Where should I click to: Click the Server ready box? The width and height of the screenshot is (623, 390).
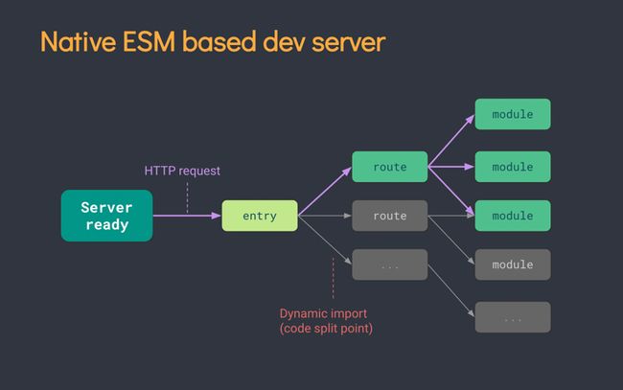coord(106,216)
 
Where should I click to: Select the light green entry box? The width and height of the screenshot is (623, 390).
coord(259,216)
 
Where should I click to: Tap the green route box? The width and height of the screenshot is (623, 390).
coord(389,167)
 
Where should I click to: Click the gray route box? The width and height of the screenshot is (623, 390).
coord(389,216)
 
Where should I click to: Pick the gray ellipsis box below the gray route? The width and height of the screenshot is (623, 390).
coord(389,264)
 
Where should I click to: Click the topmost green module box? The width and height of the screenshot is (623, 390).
coord(512,114)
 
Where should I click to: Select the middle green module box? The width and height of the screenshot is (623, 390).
coord(512,167)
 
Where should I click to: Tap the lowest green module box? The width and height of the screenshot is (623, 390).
coord(512,216)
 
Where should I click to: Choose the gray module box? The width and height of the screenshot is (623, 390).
coord(512,264)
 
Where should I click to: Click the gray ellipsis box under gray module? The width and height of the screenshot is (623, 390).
coord(512,316)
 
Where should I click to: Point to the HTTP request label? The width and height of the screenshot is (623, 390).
coord(182,171)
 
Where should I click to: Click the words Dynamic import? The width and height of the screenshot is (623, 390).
coord(323,313)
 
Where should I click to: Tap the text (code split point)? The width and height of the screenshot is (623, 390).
coord(326,329)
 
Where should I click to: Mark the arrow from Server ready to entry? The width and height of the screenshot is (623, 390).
coord(187,216)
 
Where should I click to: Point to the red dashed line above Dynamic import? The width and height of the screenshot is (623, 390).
coord(333,278)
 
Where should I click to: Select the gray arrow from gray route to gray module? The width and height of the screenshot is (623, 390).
coord(450,240)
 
